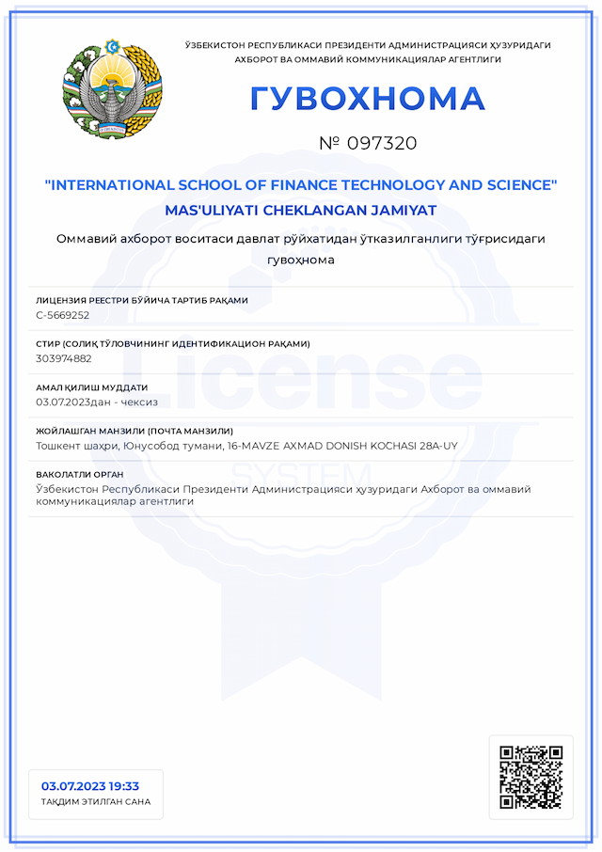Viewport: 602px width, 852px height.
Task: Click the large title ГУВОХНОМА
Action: (x=367, y=99)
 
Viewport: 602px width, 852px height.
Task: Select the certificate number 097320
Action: (x=381, y=144)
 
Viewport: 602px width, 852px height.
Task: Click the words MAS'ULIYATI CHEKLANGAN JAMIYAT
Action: (x=301, y=210)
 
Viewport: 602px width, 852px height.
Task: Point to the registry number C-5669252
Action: (x=63, y=315)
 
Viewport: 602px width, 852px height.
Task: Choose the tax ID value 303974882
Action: (x=64, y=358)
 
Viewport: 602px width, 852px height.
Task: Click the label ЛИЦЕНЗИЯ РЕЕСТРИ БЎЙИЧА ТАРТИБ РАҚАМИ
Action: (x=142, y=301)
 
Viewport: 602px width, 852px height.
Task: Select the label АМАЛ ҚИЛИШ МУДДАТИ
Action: (x=91, y=387)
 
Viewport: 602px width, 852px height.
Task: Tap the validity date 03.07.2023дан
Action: (x=74, y=402)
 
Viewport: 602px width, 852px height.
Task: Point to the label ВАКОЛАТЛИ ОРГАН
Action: (x=79, y=475)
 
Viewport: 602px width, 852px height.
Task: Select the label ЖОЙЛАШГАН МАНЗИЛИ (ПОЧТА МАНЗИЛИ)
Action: (x=135, y=432)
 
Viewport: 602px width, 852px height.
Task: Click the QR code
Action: (x=531, y=778)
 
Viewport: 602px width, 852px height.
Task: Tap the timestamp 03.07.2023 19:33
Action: (x=90, y=786)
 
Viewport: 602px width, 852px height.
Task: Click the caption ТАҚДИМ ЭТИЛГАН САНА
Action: (x=96, y=802)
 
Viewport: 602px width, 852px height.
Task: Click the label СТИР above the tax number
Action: (x=48, y=344)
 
